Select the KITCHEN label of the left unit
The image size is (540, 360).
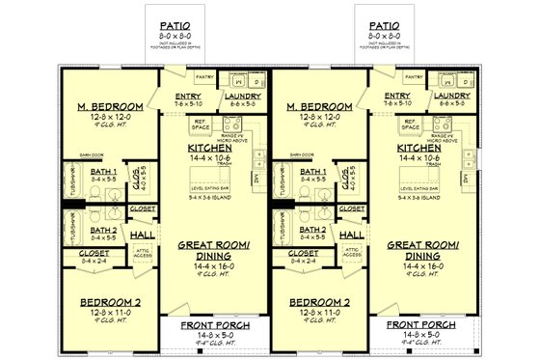coord(209,148)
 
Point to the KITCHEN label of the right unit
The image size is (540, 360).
coord(418,148)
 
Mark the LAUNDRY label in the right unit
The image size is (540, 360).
coord(450,97)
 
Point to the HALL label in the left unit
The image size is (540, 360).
coord(142,235)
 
